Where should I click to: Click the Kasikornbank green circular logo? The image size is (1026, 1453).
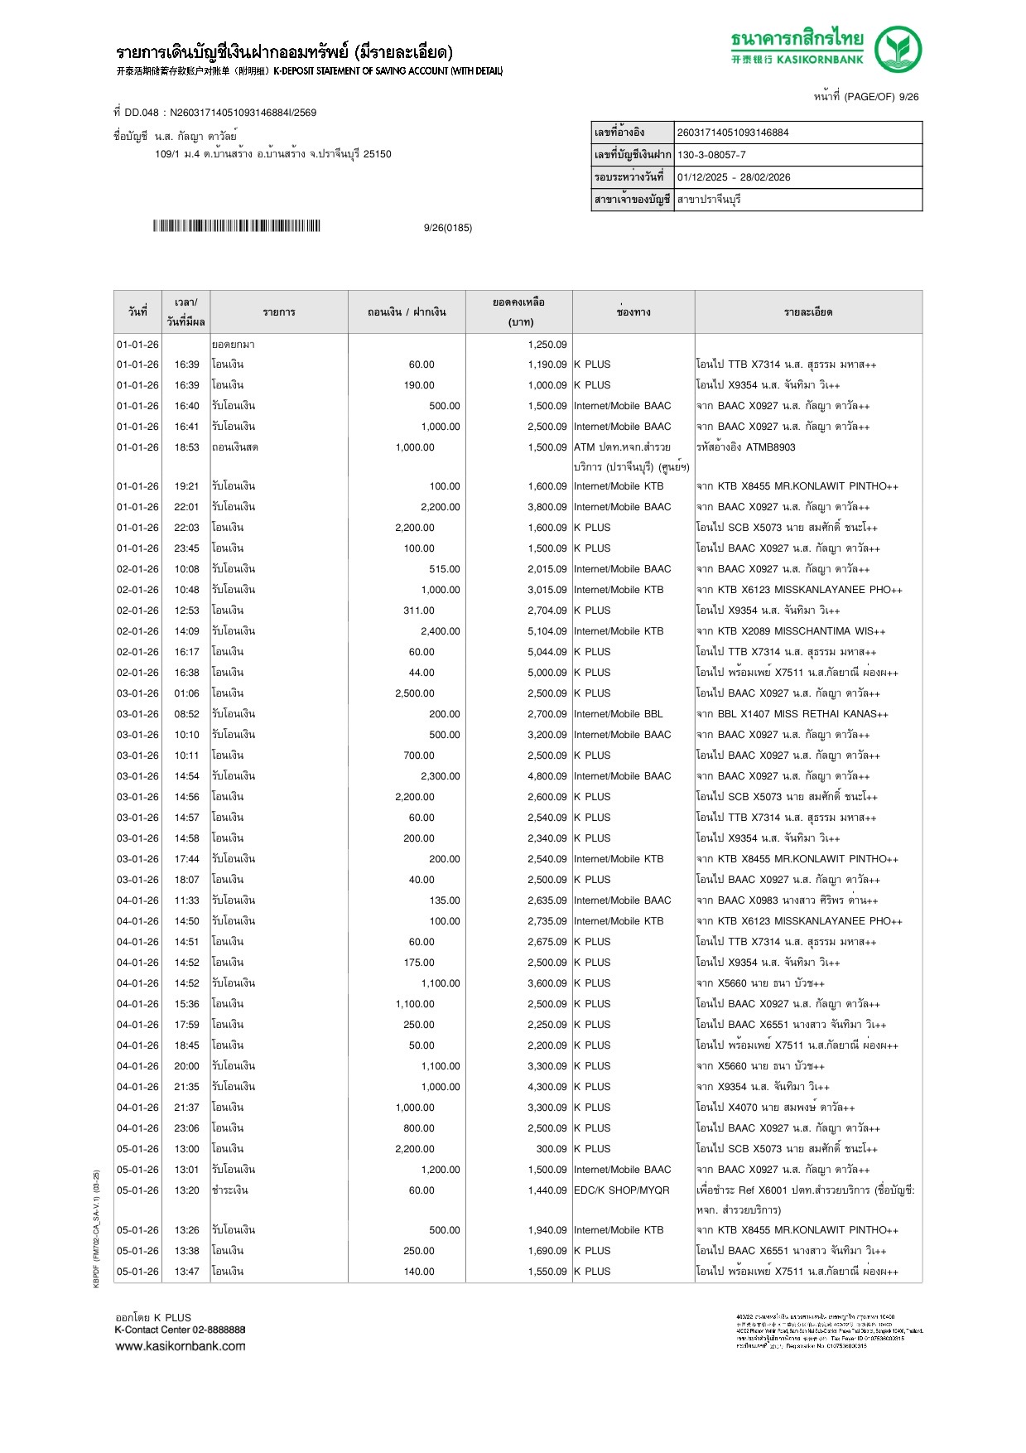[x=898, y=49]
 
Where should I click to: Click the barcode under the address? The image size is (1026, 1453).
[x=236, y=226]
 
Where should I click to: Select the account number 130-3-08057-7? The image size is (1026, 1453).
[x=711, y=155]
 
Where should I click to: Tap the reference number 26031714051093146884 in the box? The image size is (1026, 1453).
[x=733, y=133]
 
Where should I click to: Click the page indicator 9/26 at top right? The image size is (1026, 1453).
[x=908, y=97]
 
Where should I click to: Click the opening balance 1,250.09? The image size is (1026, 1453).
[x=547, y=345]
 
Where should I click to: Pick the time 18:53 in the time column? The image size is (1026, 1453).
[x=186, y=447]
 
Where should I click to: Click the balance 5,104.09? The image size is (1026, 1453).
[x=547, y=631]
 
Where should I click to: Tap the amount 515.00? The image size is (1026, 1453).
[x=444, y=569]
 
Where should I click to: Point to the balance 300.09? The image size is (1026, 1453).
[x=551, y=1149]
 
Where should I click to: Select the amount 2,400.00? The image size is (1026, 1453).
[x=440, y=631]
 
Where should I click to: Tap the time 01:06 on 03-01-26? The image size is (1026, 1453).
[x=186, y=693]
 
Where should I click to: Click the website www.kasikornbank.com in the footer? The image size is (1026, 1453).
[x=180, y=1346]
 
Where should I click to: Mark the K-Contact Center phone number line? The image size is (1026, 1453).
[x=180, y=1330]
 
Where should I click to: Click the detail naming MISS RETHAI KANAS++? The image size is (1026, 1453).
[x=792, y=714]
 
